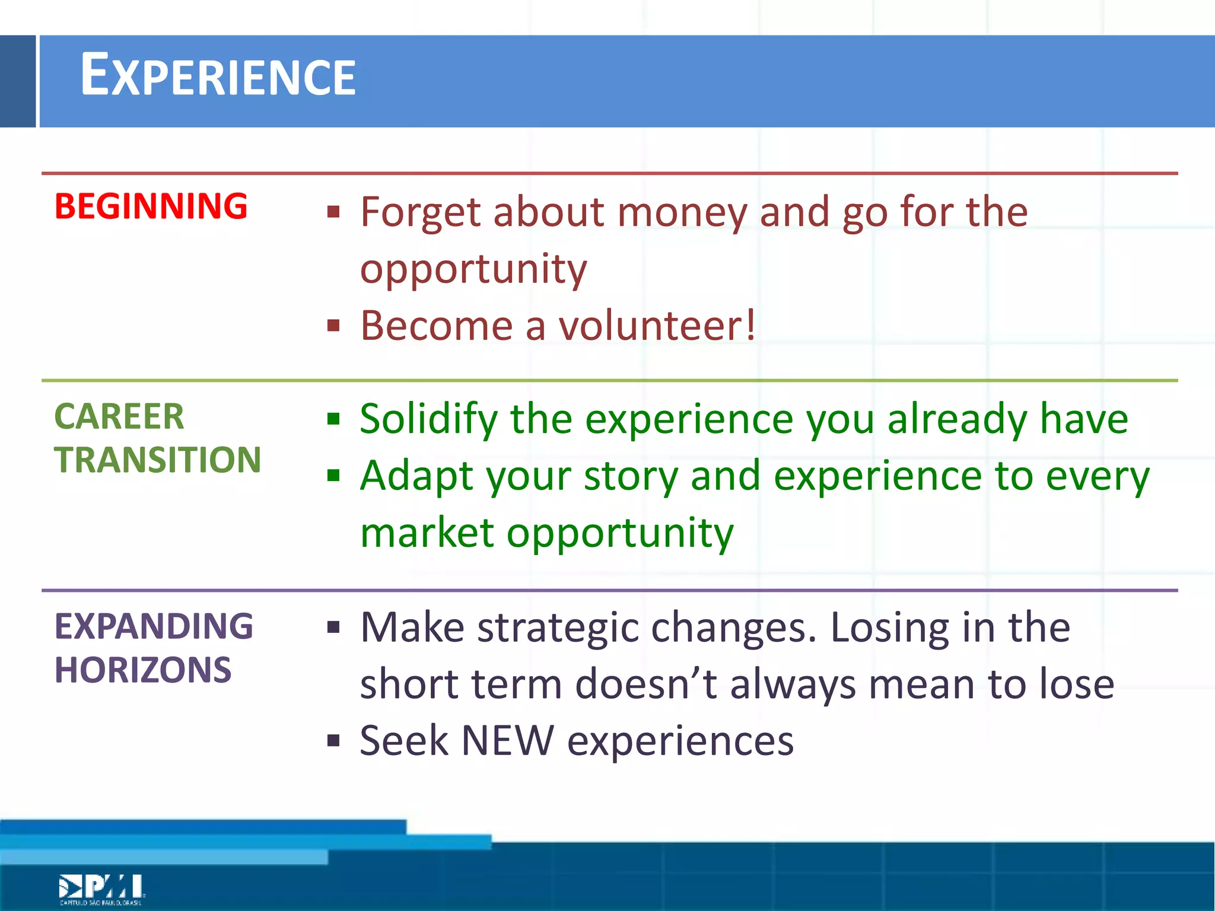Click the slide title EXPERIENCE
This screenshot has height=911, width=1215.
tap(218, 76)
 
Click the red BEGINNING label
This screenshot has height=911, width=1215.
tap(151, 206)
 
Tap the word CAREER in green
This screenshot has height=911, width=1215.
tap(119, 416)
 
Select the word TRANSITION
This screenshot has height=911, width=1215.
tap(158, 460)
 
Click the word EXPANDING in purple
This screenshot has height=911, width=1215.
tap(154, 626)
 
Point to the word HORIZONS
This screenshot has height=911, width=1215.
tap(143, 670)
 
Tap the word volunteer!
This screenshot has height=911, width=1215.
tap(657, 326)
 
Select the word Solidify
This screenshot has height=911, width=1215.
tap(428, 419)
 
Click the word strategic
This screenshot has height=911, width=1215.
tap(558, 627)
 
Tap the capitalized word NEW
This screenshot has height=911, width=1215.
tap(507, 741)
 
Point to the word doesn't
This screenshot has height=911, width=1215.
tap(645, 684)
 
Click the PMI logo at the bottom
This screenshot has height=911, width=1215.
tap(101, 888)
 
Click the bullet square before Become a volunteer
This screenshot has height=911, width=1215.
tap(333, 326)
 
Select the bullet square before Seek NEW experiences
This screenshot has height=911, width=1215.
tap(333, 740)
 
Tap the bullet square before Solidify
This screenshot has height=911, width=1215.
tap(333, 419)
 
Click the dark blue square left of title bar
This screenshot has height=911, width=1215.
tap(18, 81)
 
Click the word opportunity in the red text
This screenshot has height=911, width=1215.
tap(473, 270)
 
